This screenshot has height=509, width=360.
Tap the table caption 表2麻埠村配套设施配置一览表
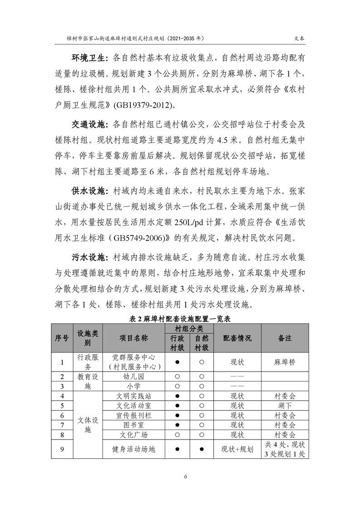180,319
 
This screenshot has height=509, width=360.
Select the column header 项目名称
133,338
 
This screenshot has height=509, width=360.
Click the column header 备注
285,338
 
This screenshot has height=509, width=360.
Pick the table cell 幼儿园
133,377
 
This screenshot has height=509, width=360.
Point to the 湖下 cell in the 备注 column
285,406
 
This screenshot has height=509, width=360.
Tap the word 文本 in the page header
294,39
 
